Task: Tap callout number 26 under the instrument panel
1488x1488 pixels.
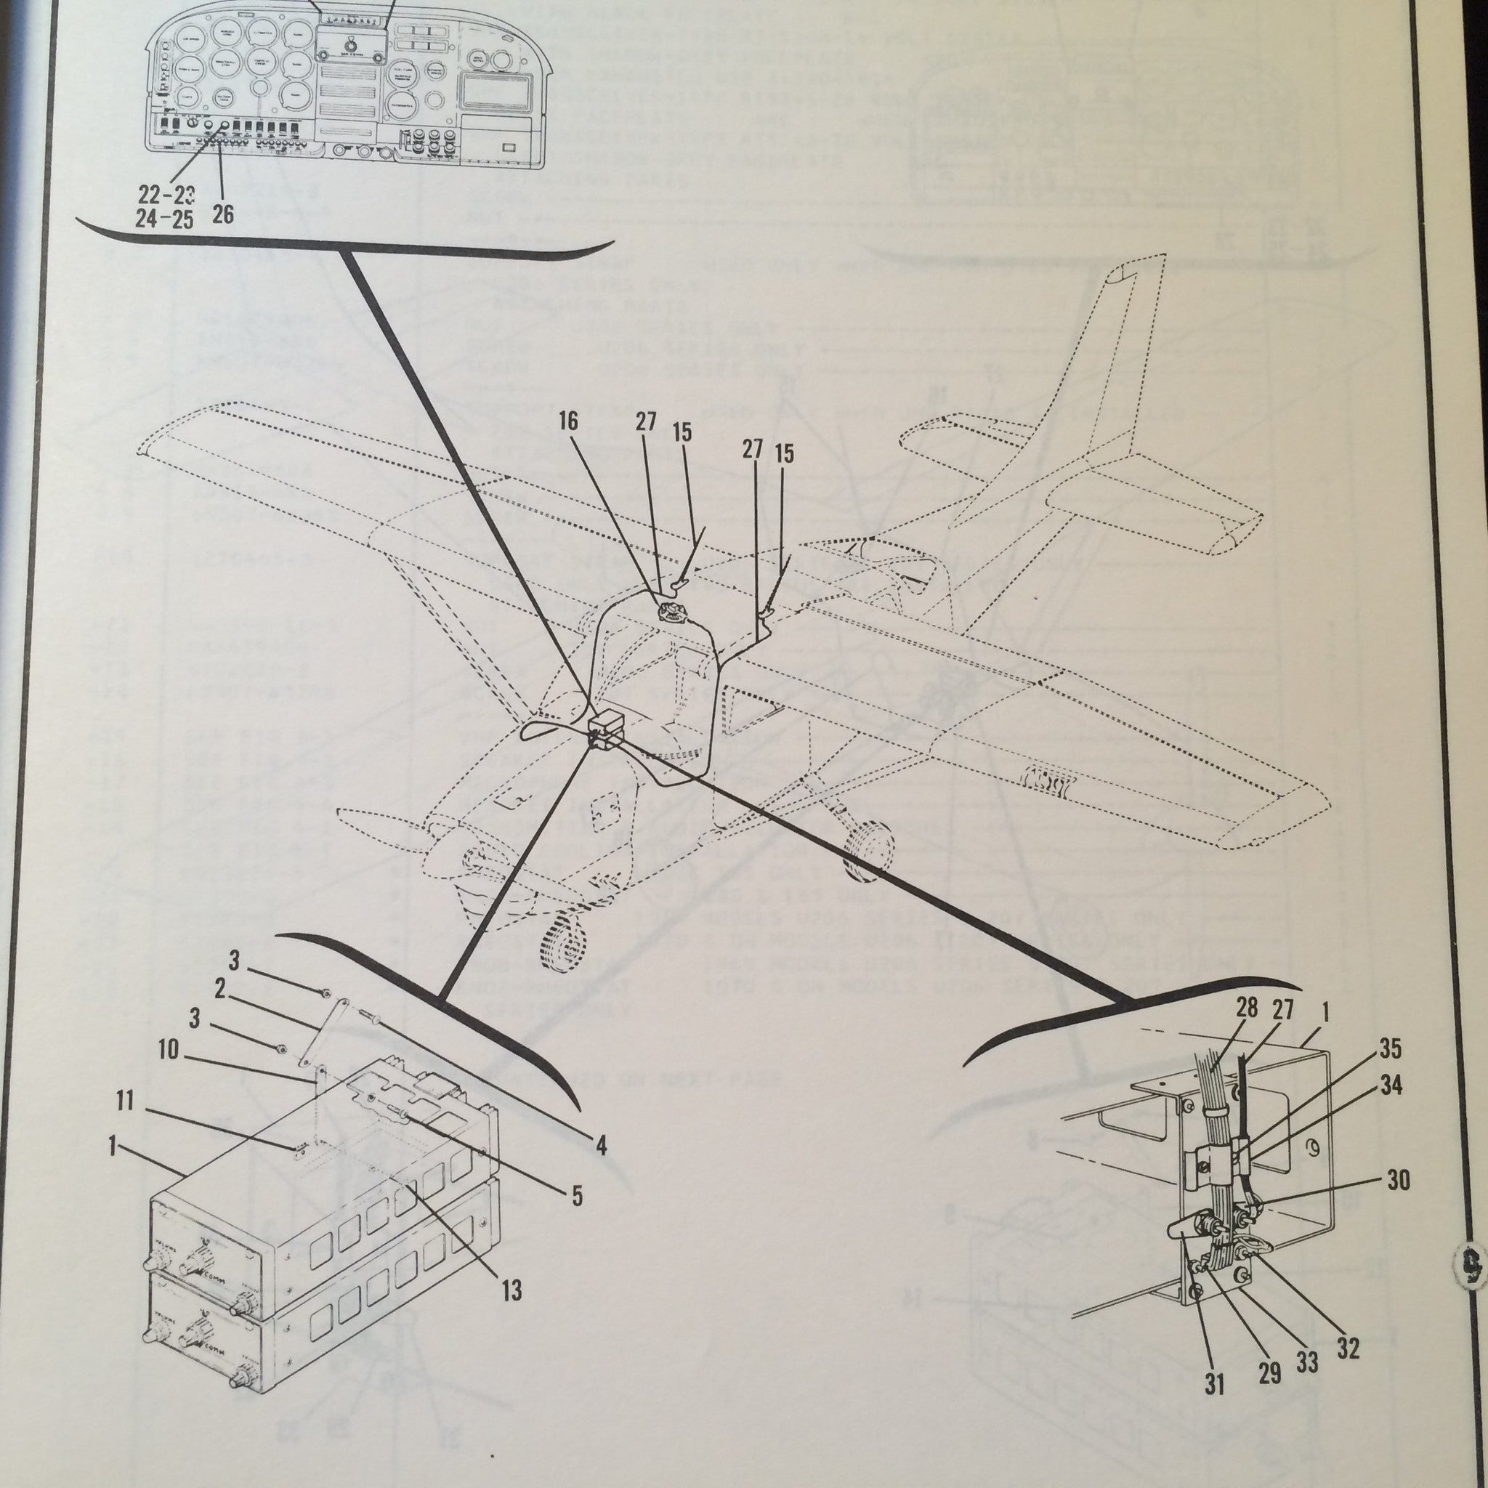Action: coord(222,213)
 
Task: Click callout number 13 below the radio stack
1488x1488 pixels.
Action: coord(511,1290)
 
